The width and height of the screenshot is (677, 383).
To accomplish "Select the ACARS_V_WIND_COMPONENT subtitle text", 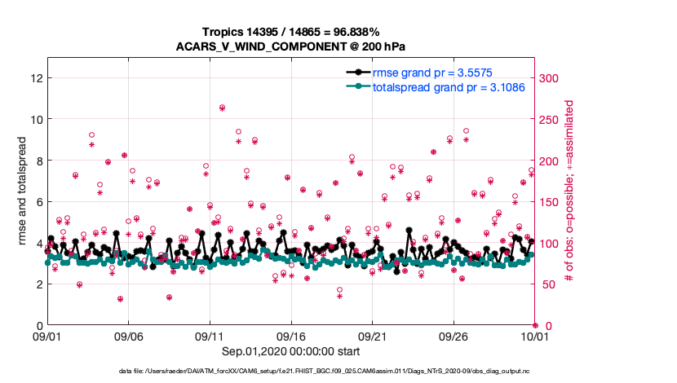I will tap(292, 46).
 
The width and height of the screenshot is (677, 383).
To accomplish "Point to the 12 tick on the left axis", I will tap(35, 78).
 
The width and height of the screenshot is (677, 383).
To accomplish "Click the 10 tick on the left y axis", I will tap(35, 119).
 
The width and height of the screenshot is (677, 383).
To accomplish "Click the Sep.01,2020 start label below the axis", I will tap(291, 353).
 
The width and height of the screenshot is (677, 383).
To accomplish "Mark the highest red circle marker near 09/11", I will tap(222, 108).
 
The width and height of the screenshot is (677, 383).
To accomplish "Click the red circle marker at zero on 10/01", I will tap(534, 325).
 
